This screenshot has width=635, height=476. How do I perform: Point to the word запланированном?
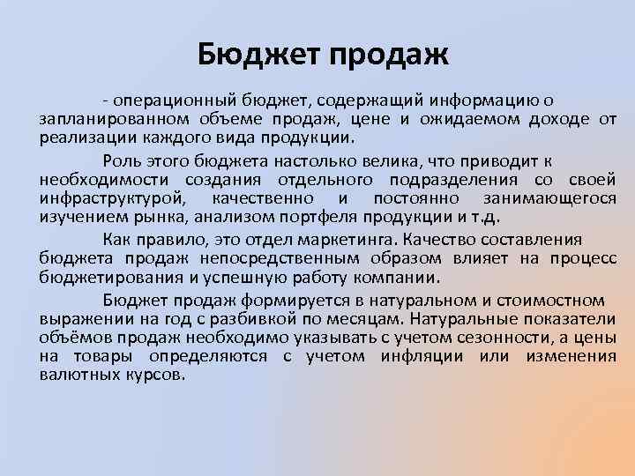tap(98, 121)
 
